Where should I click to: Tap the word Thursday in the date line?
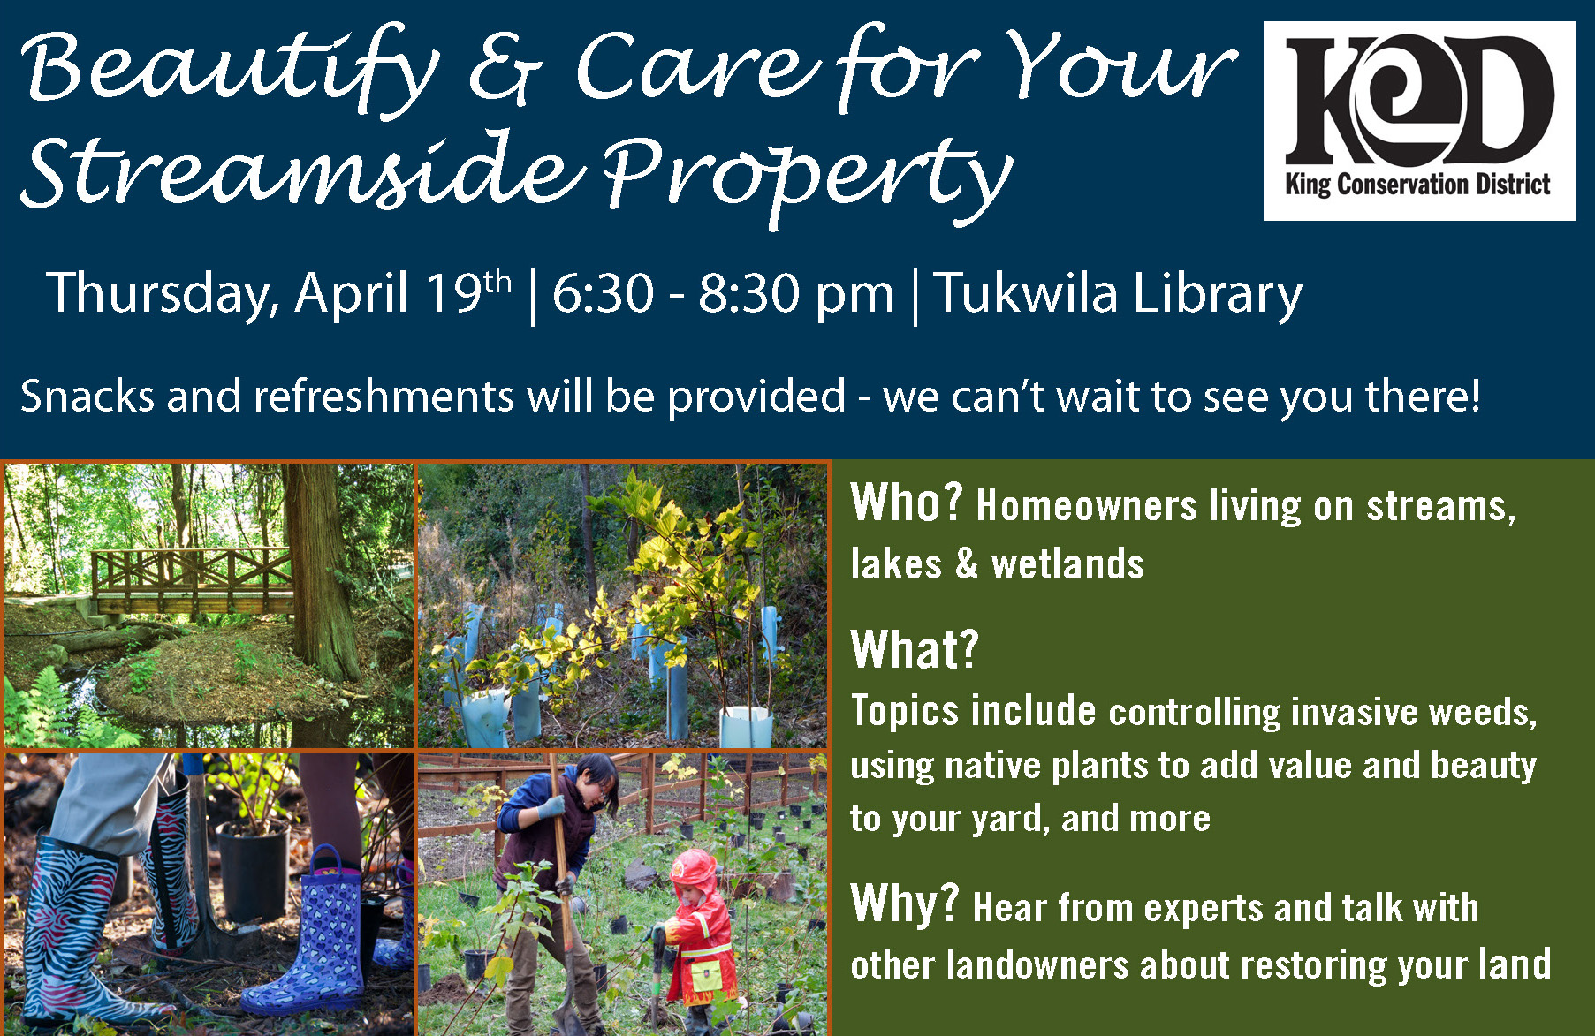163,293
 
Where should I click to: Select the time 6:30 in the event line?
603,293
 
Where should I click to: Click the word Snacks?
87,396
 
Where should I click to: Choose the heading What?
915,649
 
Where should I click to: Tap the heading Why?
904,903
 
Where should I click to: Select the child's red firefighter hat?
695,869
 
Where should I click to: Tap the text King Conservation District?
1417,185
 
